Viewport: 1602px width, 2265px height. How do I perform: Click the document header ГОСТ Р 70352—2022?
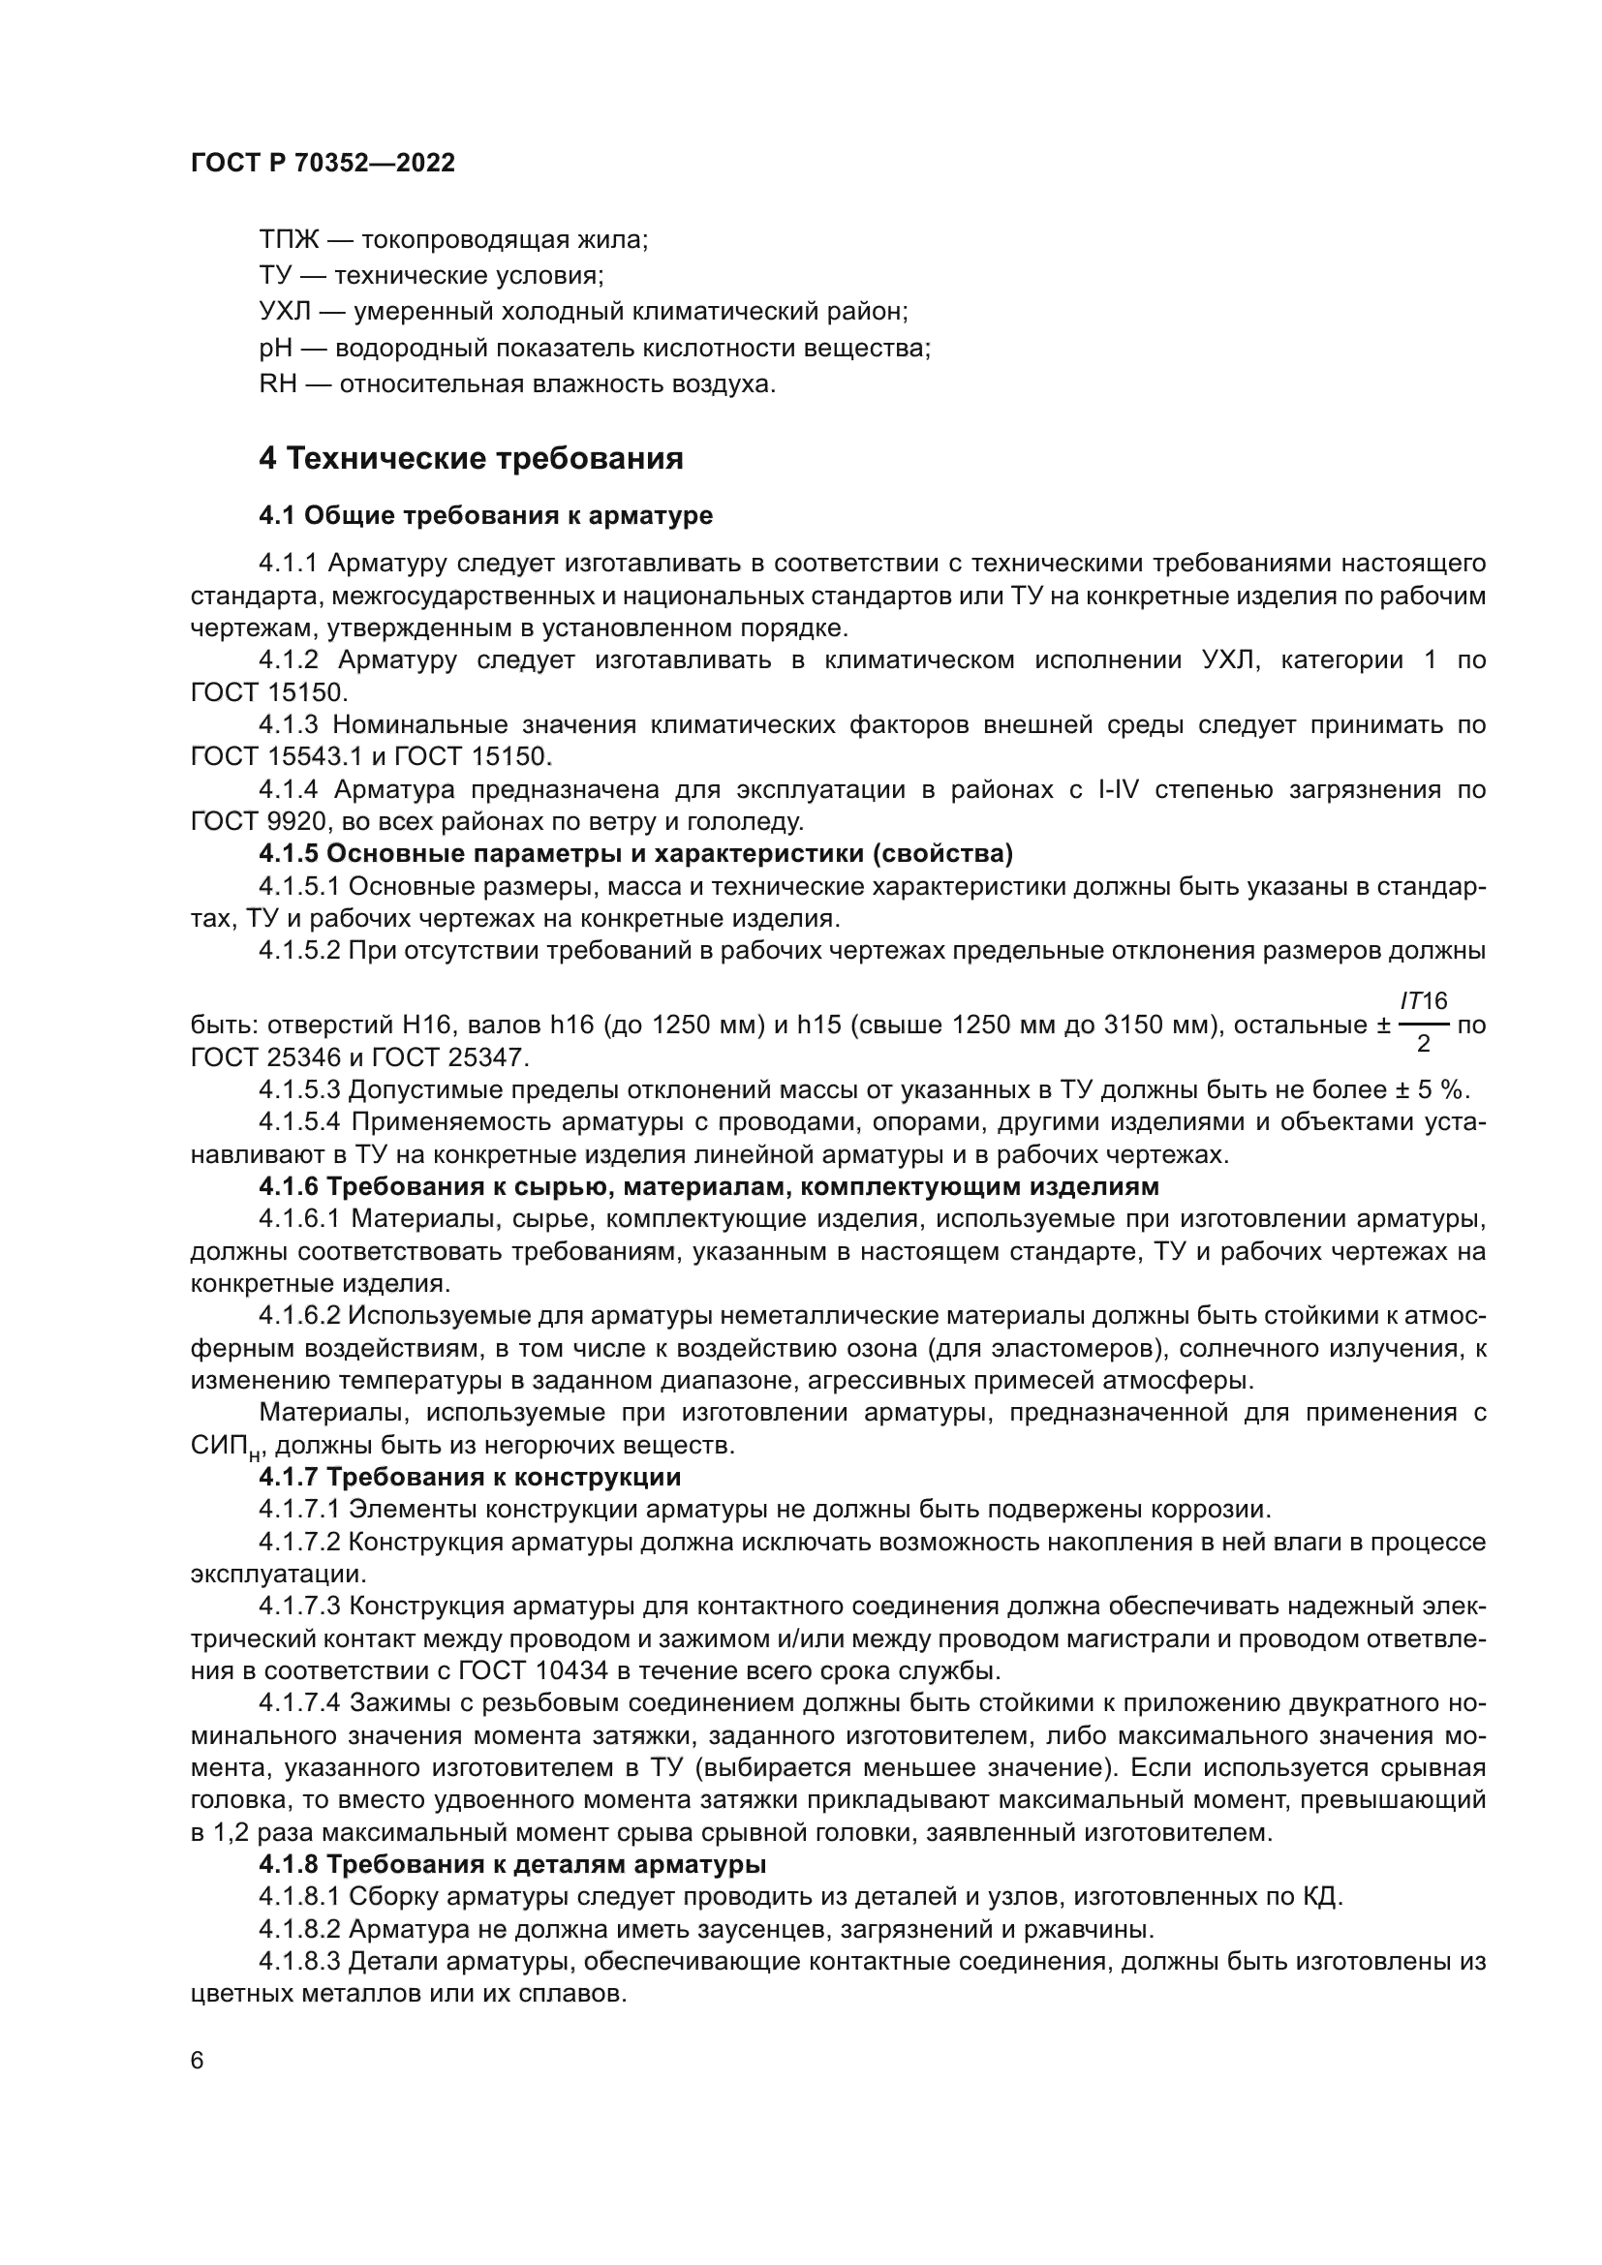click(323, 164)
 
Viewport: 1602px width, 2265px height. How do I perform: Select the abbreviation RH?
click(277, 383)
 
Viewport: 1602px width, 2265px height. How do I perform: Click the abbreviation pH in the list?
click(276, 349)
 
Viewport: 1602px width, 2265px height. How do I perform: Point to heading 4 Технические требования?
click(471, 459)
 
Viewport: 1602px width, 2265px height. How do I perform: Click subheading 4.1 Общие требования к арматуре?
click(485, 515)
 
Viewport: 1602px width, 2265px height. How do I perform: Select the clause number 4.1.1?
click(288, 564)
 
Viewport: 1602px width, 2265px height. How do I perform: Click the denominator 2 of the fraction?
click(1424, 1044)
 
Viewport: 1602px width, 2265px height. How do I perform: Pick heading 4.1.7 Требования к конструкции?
click(470, 1477)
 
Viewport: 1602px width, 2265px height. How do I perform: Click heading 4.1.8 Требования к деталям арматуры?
click(512, 1864)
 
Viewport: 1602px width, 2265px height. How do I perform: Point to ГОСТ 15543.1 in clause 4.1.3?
click(267, 756)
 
